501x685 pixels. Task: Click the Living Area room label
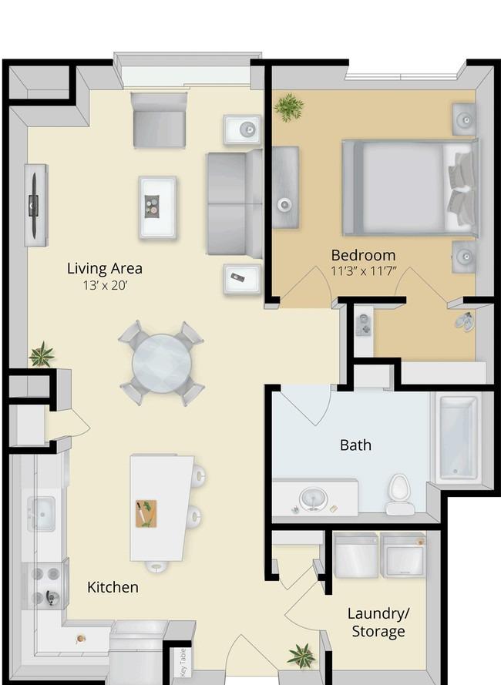105,269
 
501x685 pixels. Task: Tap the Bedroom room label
363,255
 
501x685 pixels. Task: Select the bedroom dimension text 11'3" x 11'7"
363,271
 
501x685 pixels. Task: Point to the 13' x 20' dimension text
105,285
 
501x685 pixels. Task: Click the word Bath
355,445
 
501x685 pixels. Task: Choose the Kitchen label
113,587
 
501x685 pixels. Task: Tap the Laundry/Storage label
378,623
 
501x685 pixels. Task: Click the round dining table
162,364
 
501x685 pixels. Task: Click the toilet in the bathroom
399,495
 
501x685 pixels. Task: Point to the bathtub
457,438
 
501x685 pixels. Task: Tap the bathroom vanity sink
313,499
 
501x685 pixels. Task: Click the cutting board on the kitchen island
146,514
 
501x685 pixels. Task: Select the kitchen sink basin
42,514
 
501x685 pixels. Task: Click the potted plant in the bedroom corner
288,106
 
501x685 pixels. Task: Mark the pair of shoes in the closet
464,321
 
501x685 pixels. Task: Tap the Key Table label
183,663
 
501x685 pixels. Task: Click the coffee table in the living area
157,207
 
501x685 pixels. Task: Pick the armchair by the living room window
159,119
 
